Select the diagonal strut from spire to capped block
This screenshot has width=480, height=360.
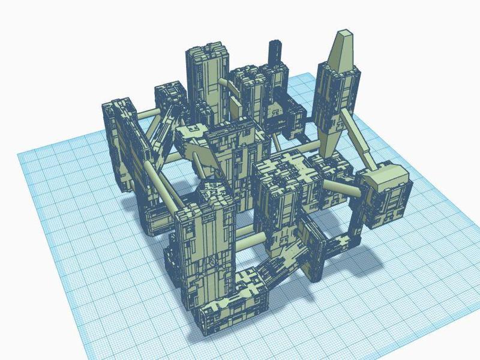tap(360, 141)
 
